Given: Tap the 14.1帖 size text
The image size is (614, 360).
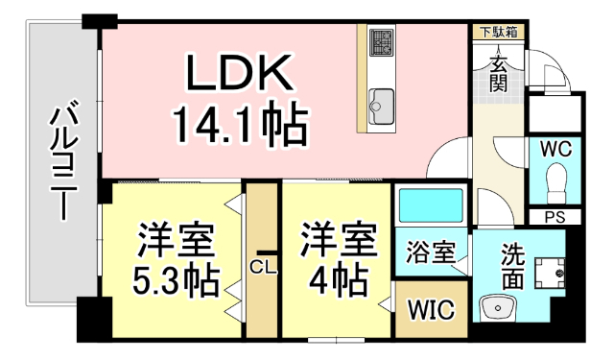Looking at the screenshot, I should click(x=240, y=123).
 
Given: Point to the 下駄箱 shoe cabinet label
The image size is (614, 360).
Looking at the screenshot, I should click(x=499, y=32).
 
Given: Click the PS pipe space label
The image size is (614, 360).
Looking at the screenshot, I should click(x=555, y=217).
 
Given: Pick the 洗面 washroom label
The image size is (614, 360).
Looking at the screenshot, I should click(x=513, y=266).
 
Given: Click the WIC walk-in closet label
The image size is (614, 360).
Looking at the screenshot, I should click(x=430, y=310).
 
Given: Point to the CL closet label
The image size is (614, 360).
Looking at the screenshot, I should click(x=262, y=267).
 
